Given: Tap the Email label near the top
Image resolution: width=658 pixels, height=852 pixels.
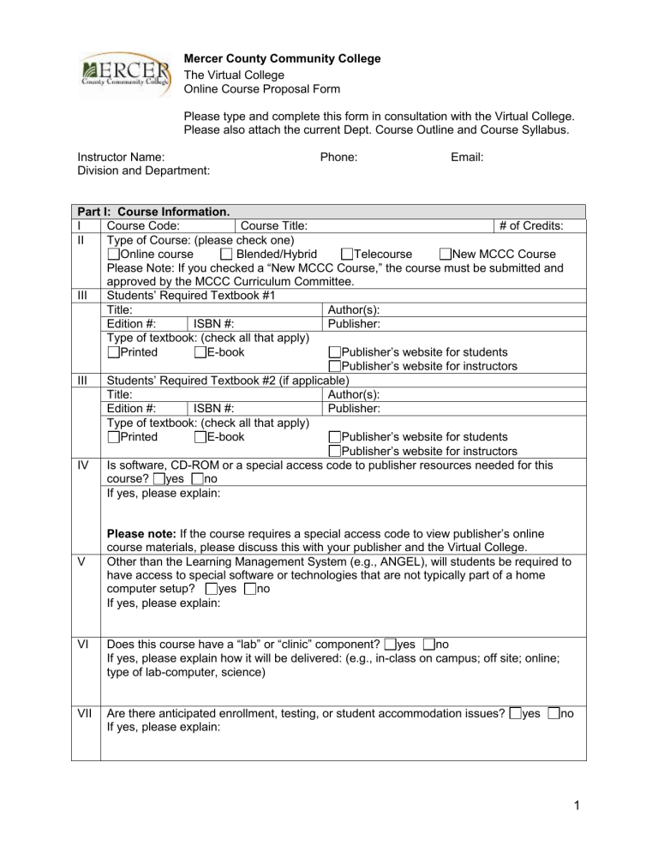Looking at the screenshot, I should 467,157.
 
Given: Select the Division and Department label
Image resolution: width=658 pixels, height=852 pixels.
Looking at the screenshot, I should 144,171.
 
